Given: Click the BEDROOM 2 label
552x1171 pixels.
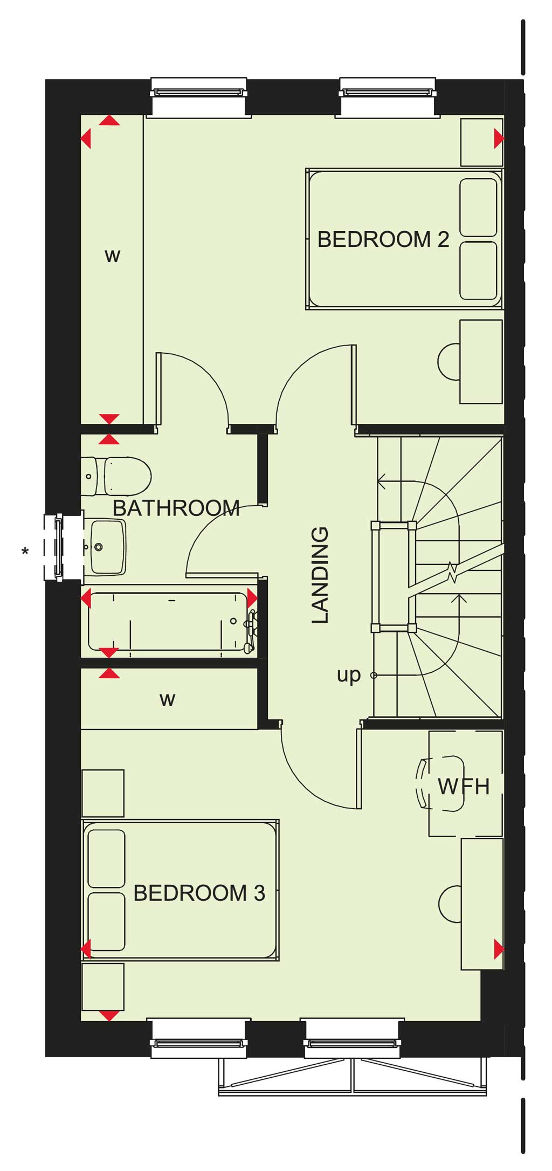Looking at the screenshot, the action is pyautogui.click(x=383, y=239).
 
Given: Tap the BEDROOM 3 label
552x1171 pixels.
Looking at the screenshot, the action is pyautogui.click(x=199, y=893).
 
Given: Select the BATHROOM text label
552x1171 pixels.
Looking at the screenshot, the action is pyautogui.click(x=176, y=508).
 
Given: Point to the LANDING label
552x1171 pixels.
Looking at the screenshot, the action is pyautogui.click(x=320, y=575).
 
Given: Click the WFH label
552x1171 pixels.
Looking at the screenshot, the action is pyautogui.click(x=464, y=787).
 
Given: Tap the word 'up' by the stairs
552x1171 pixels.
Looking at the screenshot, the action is pyautogui.click(x=348, y=676).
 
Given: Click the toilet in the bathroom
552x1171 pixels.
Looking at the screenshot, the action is pyautogui.click(x=116, y=477).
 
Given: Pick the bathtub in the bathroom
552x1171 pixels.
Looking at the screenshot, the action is pyautogui.click(x=168, y=622).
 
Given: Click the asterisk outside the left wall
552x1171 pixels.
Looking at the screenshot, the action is pyautogui.click(x=25, y=552).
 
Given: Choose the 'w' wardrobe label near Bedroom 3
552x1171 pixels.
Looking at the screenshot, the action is pyautogui.click(x=167, y=699).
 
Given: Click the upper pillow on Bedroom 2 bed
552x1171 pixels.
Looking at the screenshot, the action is pyautogui.click(x=478, y=208).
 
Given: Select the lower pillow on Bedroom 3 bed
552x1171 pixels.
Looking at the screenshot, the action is pyautogui.click(x=106, y=921).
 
